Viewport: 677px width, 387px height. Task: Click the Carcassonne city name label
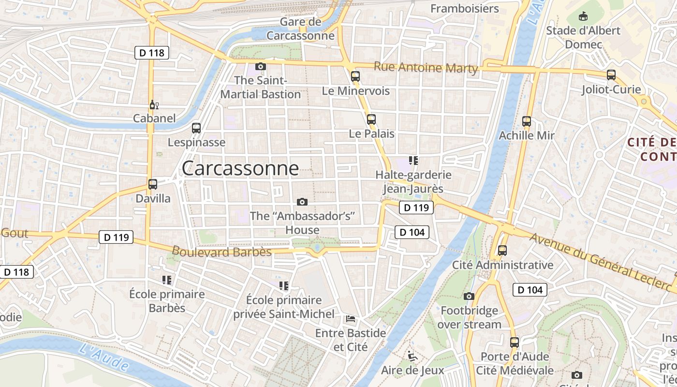(x=240, y=168)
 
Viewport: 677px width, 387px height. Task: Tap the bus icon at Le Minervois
(x=355, y=76)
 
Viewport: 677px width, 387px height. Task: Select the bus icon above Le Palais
(x=371, y=119)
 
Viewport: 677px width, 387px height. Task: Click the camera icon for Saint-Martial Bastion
(x=261, y=66)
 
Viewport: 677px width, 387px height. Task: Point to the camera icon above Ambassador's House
(x=302, y=202)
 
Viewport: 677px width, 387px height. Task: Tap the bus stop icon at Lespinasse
(x=196, y=128)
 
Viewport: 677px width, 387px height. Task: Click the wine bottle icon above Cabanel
(x=154, y=104)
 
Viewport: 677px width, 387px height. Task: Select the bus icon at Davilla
(x=153, y=184)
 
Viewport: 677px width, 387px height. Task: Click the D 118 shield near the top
(x=151, y=53)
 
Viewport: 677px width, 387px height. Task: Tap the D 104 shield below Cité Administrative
(x=530, y=290)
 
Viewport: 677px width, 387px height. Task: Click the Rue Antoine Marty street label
(x=426, y=68)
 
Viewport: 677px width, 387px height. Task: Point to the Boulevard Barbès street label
(x=221, y=252)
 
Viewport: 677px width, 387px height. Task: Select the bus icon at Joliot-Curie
(x=611, y=75)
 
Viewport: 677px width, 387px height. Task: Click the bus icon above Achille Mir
(x=527, y=121)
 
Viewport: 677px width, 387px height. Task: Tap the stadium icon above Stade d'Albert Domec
(x=583, y=16)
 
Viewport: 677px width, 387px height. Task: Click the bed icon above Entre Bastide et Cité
(x=351, y=319)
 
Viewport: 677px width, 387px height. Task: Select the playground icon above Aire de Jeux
(x=412, y=356)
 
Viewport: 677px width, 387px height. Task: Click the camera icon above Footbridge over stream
(x=469, y=296)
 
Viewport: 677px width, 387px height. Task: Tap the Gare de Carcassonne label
(x=300, y=29)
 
